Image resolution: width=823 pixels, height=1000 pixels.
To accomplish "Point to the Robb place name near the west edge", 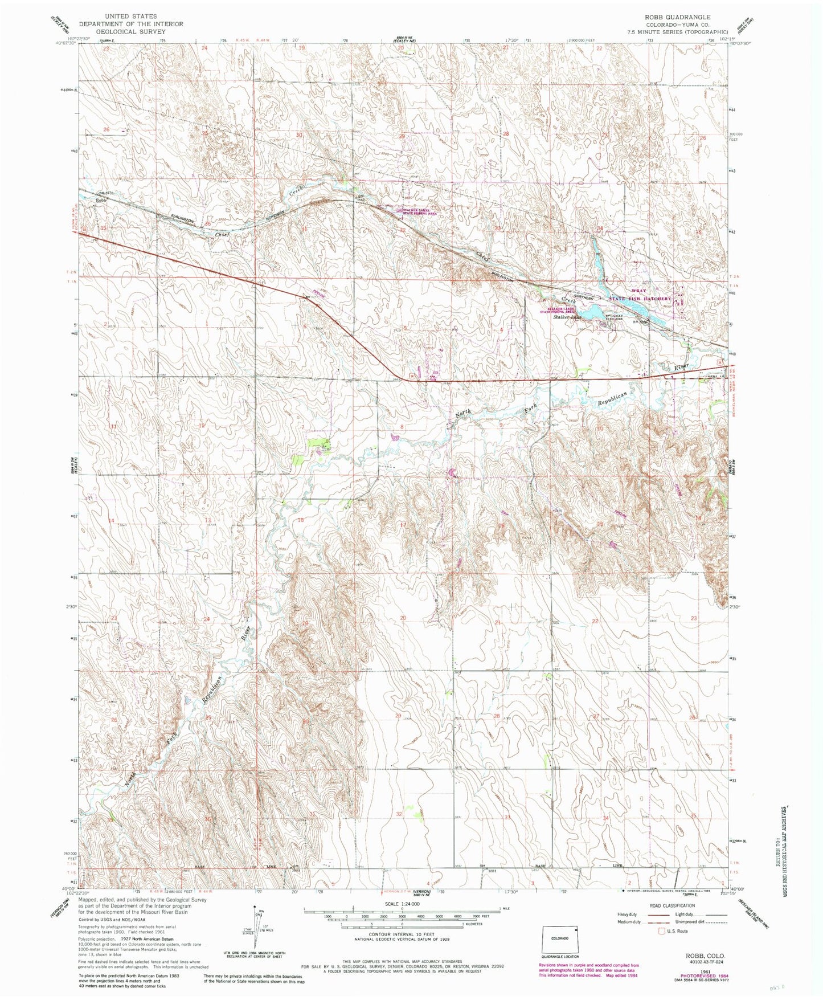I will (x=101, y=201).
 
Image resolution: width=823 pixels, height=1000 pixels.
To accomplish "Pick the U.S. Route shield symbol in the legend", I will (x=662, y=931).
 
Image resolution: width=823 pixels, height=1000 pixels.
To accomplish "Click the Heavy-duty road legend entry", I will (x=630, y=913).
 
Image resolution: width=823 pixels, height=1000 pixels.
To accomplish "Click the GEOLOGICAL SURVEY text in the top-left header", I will (x=131, y=32).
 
